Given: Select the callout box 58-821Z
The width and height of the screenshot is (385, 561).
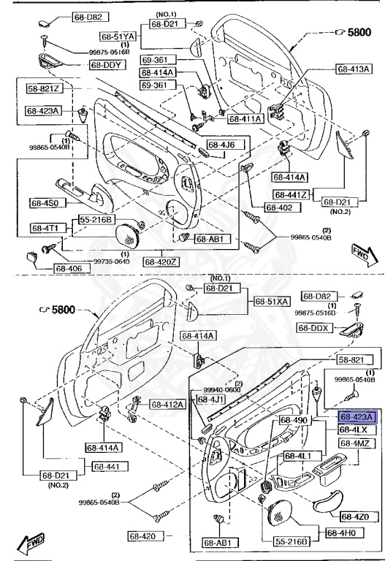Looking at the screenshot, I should [45, 89].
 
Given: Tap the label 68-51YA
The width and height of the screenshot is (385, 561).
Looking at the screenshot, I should [118, 36].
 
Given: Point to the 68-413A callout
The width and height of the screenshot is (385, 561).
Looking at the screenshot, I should [354, 69].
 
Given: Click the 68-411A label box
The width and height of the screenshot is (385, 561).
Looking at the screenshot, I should [245, 118].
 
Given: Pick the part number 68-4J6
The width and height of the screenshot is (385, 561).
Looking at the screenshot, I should [221, 144].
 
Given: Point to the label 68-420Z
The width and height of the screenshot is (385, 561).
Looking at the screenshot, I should [161, 260].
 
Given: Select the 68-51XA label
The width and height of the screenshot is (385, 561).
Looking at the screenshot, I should [272, 301].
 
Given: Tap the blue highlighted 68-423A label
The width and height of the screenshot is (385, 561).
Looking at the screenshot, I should [356, 416].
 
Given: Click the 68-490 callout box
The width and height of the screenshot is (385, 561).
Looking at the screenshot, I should [296, 421].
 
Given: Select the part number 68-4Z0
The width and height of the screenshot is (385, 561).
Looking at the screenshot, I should [351, 516].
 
